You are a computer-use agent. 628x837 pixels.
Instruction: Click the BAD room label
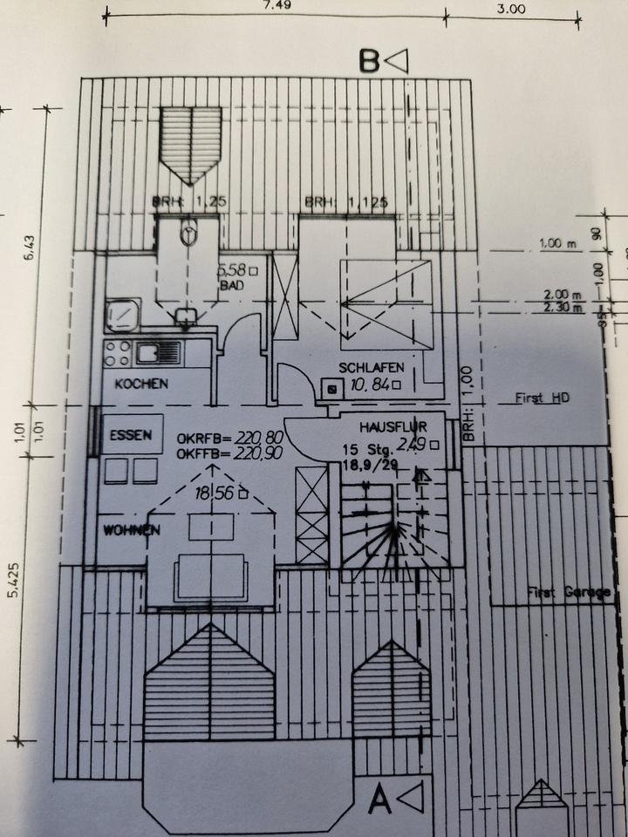229,285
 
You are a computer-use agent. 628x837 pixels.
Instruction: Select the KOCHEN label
140,384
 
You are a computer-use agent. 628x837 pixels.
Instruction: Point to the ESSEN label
131,435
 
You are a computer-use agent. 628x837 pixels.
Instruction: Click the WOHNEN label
131,529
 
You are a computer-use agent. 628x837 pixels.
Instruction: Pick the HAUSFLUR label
389,427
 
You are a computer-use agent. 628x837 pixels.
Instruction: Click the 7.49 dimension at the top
276,4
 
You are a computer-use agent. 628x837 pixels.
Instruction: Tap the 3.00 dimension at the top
511,10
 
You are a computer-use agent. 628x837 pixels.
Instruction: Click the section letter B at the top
369,61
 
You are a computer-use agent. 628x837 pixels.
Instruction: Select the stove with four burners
118,352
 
